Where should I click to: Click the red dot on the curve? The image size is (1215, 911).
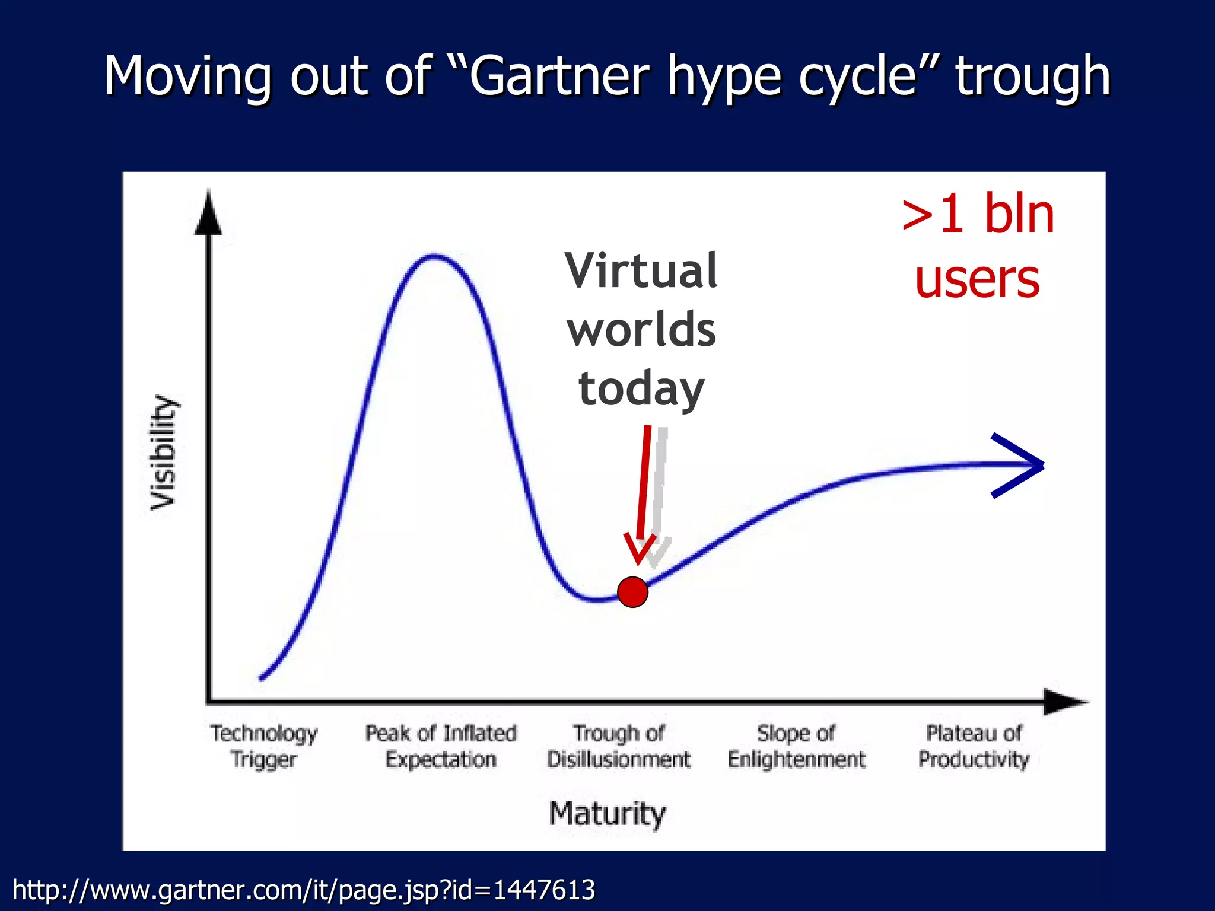(x=632, y=592)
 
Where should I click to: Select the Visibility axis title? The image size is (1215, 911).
(x=163, y=452)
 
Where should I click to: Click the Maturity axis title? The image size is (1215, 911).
(x=607, y=813)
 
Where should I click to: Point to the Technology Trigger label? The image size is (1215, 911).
(x=263, y=746)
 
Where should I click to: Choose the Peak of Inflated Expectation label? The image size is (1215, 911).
(x=441, y=746)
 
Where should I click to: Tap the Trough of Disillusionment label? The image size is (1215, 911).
(x=619, y=746)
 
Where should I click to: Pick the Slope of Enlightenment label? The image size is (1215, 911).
(x=796, y=746)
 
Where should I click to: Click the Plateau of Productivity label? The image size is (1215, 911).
(x=974, y=746)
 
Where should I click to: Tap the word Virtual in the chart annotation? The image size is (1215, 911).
(x=641, y=270)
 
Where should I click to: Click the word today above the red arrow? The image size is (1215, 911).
(x=641, y=389)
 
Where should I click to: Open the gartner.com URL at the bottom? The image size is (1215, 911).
(x=303, y=890)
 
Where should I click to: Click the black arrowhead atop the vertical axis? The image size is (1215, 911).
(x=208, y=214)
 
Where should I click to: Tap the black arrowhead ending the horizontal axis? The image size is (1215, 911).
(x=1065, y=702)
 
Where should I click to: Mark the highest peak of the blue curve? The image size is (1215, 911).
(x=434, y=256)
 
